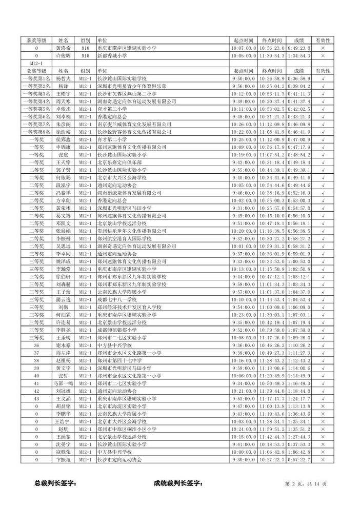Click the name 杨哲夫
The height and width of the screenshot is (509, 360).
pos(63,79)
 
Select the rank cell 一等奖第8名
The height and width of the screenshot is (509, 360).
pos(36,132)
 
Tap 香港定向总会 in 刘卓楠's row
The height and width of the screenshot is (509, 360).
pos(111,117)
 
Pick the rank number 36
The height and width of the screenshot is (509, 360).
pos(36,345)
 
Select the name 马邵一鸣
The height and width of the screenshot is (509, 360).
pos(63,383)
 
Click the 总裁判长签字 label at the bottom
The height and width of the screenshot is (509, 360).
pos(55,483)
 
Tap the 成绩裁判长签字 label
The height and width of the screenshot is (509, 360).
pos(178,483)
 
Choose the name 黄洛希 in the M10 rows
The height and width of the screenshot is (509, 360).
pos(63,48)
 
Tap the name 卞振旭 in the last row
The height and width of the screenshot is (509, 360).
pos(63,459)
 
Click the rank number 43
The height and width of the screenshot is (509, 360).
pos(36,398)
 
